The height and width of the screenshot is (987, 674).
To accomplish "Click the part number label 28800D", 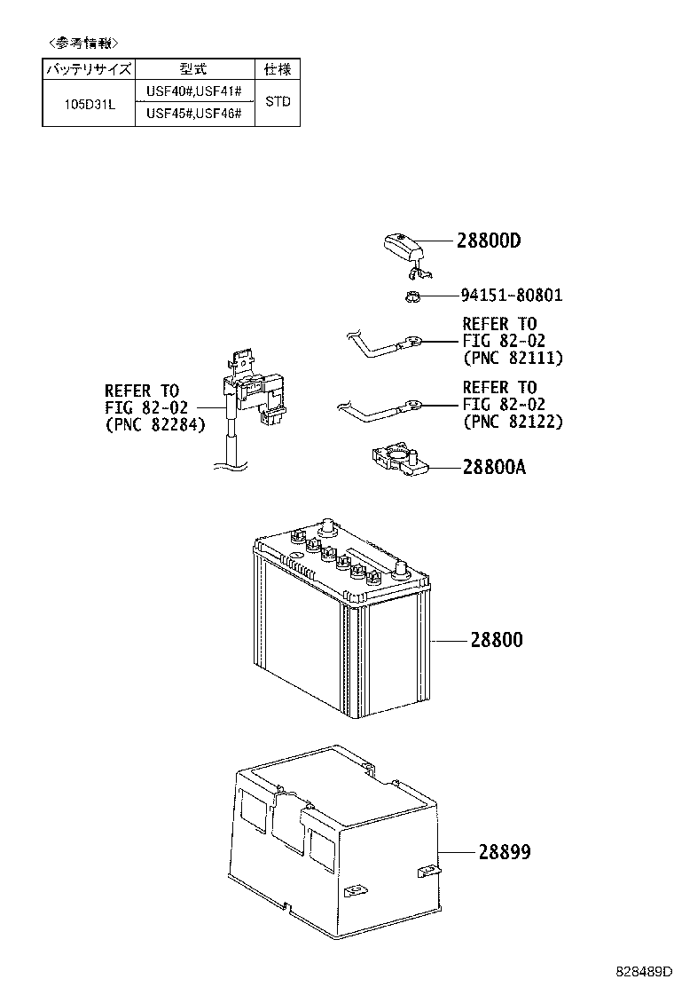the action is [x=489, y=241].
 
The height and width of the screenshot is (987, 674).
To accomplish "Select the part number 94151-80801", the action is [x=512, y=295].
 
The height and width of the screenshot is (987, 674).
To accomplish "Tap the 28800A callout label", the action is [x=494, y=467].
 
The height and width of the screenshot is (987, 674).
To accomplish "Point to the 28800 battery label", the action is [x=497, y=640].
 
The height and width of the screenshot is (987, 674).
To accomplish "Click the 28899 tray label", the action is [x=505, y=852].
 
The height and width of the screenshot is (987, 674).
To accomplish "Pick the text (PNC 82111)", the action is [x=513, y=359].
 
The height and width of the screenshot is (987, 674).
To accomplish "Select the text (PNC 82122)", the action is [x=513, y=422].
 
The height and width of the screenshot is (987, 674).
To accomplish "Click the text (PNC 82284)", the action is [x=154, y=425].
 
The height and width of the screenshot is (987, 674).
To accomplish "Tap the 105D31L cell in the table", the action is [x=90, y=104].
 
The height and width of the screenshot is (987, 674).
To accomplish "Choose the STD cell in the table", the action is [x=278, y=101].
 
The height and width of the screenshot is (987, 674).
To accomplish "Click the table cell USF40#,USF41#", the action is [x=193, y=91].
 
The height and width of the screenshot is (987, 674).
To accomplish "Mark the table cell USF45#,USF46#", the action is [x=193, y=114].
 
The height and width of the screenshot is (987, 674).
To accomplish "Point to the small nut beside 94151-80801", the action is [x=411, y=295].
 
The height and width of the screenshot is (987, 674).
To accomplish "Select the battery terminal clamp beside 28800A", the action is [x=400, y=460].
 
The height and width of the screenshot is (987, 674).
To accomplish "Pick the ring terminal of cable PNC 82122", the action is [x=413, y=403].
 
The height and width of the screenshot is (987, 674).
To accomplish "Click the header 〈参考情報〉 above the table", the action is [x=83, y=43].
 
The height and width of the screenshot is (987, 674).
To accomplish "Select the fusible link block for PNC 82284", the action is [x=253, y=390].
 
